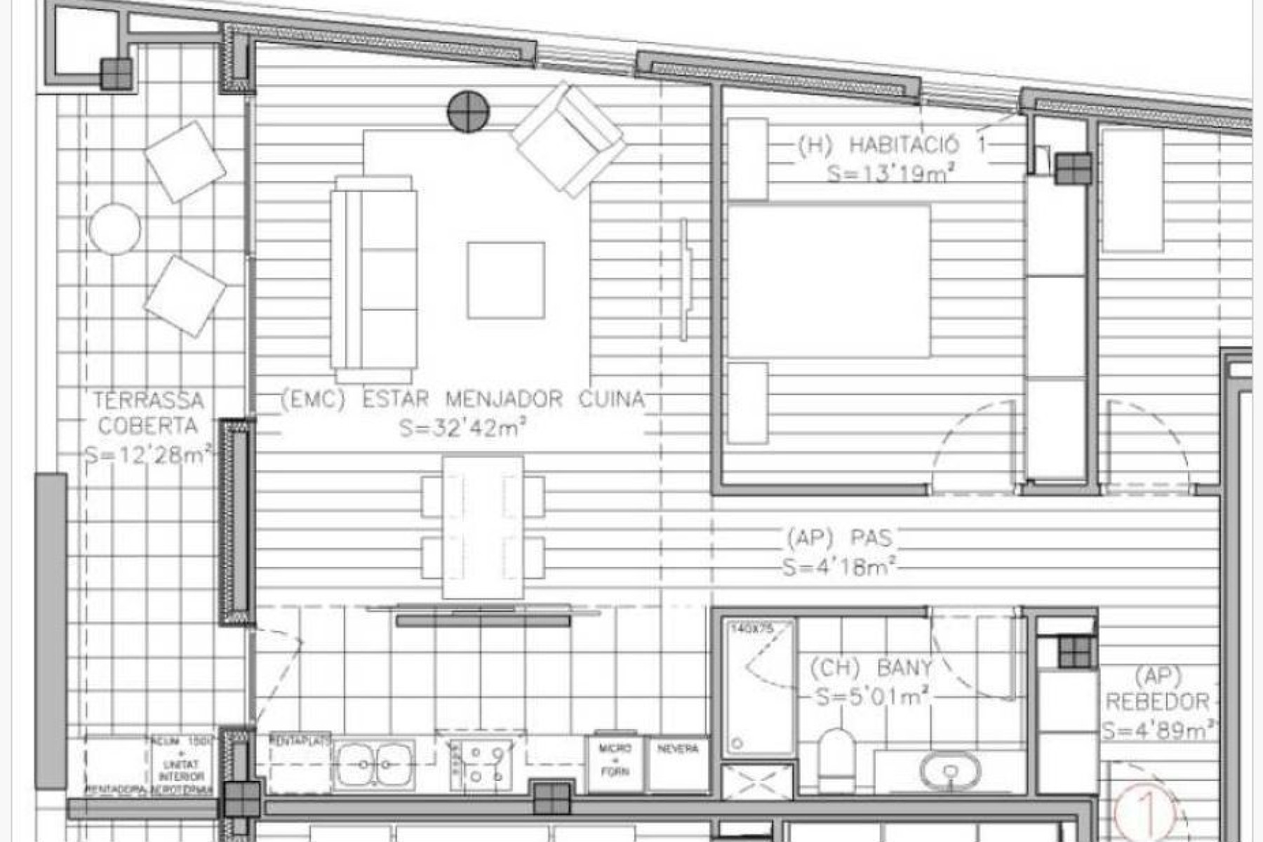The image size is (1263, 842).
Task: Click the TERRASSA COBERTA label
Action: coord(149,413)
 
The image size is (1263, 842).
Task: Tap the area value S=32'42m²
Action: coord(462,427)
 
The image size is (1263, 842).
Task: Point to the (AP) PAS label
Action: coord(839,539)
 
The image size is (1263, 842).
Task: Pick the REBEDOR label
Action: coord(1158,701)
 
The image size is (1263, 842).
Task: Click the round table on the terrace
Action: coord(114,229)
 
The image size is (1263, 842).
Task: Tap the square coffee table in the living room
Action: coord(506,280)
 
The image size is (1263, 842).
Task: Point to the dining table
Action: coord(483,527)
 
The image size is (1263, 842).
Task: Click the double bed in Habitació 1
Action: coord(829,281)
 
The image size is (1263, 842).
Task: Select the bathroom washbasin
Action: coord(949,770)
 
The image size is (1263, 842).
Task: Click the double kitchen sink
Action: coord(374,763)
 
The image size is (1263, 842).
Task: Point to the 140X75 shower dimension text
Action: coord(751,629)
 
